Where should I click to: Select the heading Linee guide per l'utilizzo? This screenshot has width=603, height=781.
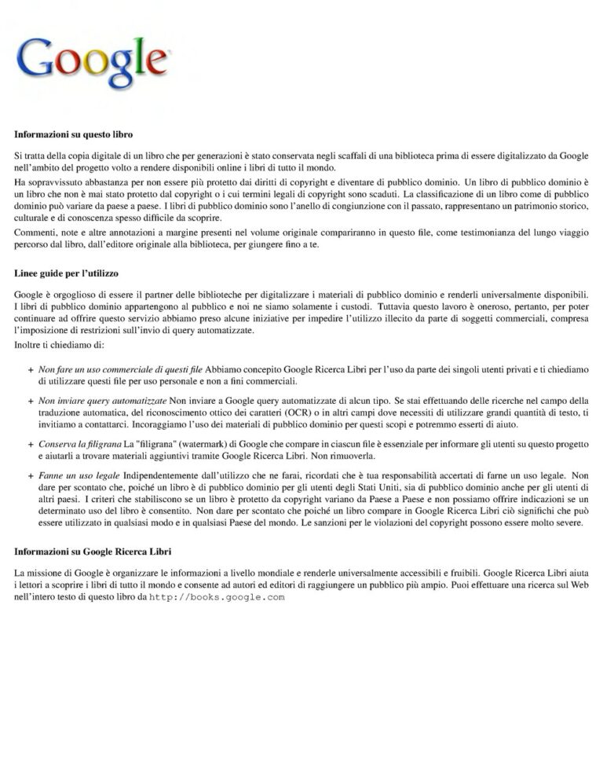coord(66,273)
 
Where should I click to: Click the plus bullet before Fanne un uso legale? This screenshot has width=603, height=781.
coord(30,476)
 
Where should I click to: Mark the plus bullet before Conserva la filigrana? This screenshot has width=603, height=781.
coord(30,445)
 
